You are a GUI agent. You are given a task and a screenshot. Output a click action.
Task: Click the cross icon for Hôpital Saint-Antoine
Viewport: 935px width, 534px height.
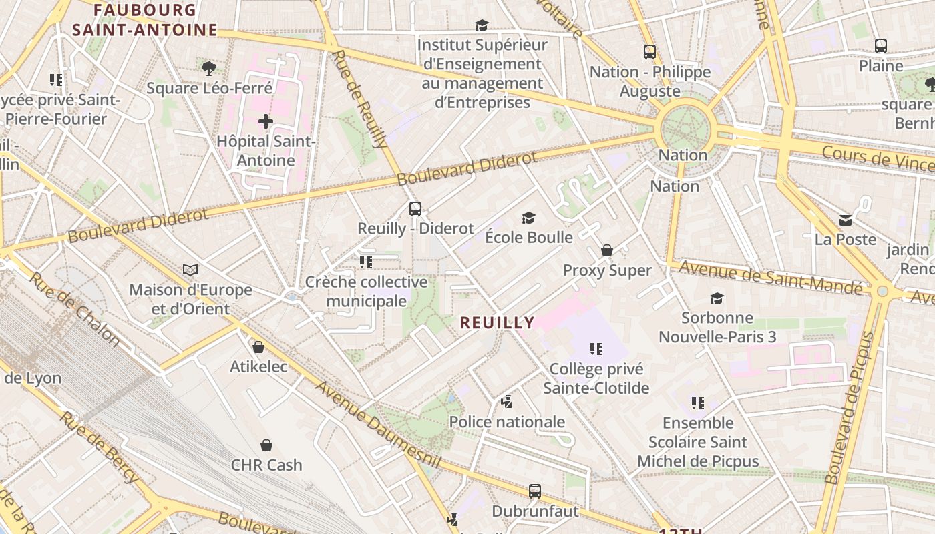pyautogui.click(x=266, y=121)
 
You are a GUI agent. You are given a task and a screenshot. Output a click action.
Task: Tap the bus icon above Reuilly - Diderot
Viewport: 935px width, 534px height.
pyautogui.click(x=415, y=209)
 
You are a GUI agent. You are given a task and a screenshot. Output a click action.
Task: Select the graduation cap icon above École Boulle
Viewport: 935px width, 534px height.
pyautogui.click(x=529, y=218)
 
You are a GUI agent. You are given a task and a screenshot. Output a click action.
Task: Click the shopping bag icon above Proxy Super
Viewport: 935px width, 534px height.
pyautogui.click(x=607, y=250)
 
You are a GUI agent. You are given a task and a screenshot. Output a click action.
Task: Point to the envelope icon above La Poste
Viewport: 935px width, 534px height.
pyautogui.click(x=846, y=220)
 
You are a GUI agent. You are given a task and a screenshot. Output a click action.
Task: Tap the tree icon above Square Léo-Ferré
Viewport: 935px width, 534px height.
pyautogui.click(x=209, y=68)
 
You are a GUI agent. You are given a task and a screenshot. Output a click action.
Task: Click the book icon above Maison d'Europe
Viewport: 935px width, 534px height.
pyautogui.click(x=190, y=270)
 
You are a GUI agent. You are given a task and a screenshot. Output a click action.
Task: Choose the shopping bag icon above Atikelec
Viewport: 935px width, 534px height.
pyautogui.click(x=258, y=347)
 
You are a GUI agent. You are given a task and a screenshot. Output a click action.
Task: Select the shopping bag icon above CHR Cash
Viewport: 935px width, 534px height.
pyautogui.click(x=266, y=445)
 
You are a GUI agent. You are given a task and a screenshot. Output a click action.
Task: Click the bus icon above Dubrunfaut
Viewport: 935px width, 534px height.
pyautogui.click(x=535, y=491)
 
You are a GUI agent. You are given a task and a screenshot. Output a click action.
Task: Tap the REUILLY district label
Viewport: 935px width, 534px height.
pyautogui.click(x=498, y=323)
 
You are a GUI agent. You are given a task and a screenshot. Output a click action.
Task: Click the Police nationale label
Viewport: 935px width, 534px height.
pyautogui.click(x=507, y=422)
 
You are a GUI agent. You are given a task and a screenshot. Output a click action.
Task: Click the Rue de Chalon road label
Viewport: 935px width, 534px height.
pyautogui.click(x=74, y=310)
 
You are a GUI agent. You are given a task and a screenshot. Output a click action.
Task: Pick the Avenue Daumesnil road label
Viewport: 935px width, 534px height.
pyautogui.click(x=378, y=425)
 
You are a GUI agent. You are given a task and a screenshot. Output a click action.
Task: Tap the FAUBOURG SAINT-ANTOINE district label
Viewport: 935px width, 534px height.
pyautogui.click(x=145, y=20)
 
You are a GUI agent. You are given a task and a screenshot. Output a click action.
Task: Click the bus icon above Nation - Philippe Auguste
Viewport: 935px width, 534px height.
pyautogui.click(x=650, y=51)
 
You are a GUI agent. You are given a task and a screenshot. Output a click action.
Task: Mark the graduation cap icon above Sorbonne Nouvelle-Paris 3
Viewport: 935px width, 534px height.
pyautogui.click(x=717, y=298)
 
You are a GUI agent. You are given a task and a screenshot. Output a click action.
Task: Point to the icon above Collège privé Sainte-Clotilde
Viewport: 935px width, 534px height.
pyautogui.click(x=596, y=348)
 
